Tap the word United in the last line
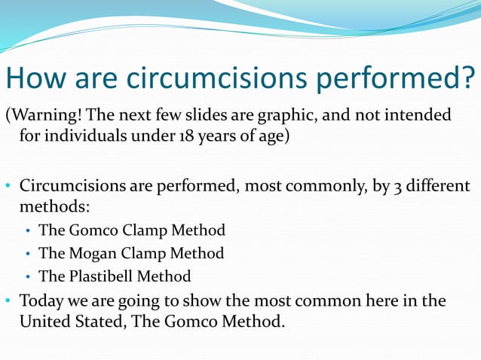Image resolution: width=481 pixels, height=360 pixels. pos(43,322)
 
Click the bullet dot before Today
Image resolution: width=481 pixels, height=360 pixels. pos(8,301)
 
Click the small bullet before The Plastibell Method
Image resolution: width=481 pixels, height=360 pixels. pos(29,276)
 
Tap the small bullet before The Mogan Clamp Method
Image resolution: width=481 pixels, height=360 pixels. pos(29,254)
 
